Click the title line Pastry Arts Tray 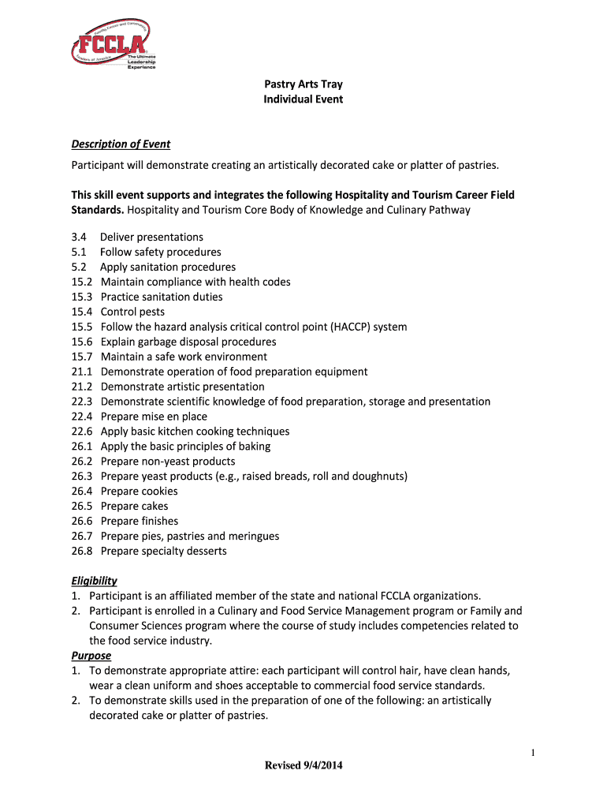(303, 84)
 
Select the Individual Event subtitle (303, 99)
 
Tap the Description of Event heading (121, 144)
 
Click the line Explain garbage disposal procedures (188, 342)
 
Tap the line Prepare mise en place (154, 417)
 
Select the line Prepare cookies (140, 492)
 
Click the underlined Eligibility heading (94, 581)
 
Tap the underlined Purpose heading (91, 656)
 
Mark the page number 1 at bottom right (533, 754)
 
